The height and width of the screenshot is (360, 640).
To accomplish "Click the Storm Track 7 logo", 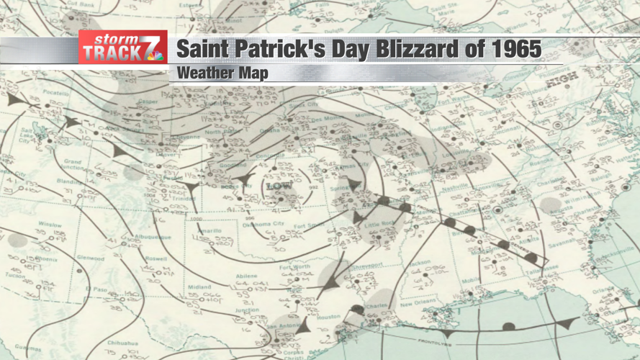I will click(122, 48).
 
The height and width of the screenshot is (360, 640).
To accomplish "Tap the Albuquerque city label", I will click(151, 237).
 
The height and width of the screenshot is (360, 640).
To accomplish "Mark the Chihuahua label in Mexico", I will click(122, 343).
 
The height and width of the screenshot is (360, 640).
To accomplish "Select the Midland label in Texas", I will click(199, 287).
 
